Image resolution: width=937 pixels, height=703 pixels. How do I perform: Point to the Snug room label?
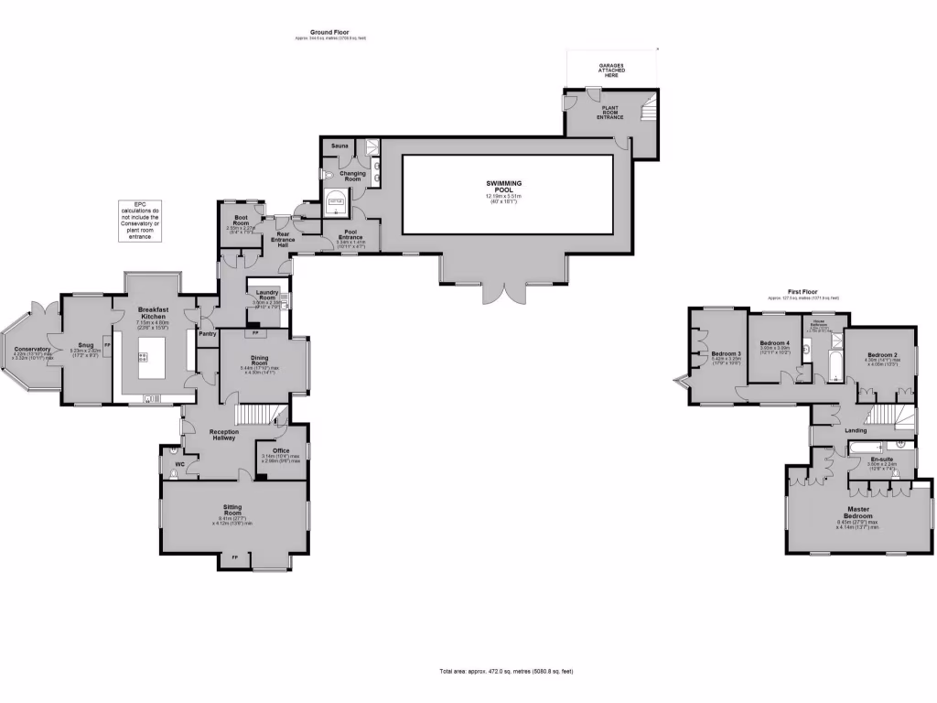tap(86, 345)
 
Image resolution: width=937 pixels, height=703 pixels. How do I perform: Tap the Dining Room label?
tap(264, 361)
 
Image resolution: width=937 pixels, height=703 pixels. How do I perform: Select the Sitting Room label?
tap(233, 509)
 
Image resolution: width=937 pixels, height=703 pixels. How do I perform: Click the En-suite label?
tap(882, 459)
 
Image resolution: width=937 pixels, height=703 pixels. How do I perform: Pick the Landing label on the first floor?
tap(856, 430)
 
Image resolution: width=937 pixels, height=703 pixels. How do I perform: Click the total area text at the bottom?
tap(506, 672)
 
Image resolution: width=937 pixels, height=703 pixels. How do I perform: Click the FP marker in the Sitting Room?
tap(234, 557)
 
